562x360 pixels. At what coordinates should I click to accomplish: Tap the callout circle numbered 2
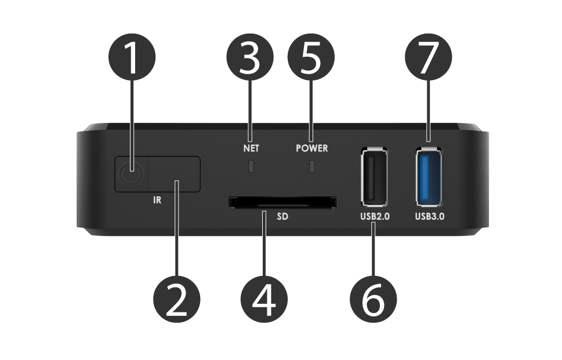click(x=176, y=299)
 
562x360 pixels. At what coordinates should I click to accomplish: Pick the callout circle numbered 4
click(x=264, y=299)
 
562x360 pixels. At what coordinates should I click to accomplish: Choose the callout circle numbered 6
click(x=374, y=299)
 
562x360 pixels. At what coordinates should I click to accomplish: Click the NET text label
click(x=251, y=148)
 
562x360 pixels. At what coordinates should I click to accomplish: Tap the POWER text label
click(x=311, y=148)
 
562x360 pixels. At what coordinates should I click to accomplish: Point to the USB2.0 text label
click(x=374, y=218)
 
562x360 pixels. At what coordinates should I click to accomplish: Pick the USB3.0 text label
click(x=429, y=218)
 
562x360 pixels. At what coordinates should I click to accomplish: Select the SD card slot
click(x=282, y=202)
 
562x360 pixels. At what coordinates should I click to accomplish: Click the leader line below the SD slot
click(x=264, y=243)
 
